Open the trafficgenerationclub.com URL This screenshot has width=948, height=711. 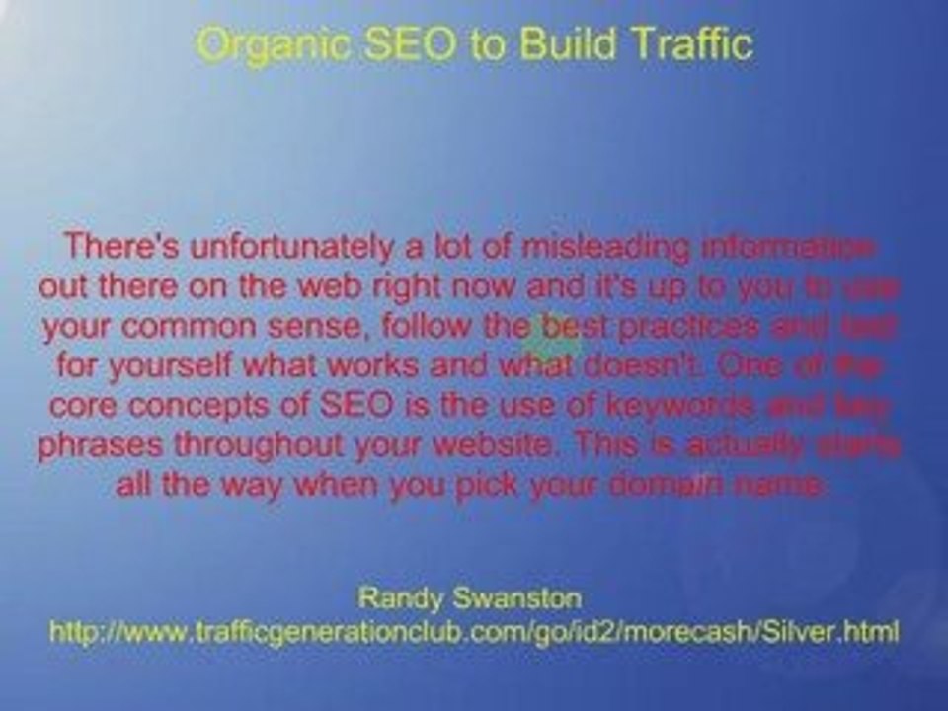click(474, 630)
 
